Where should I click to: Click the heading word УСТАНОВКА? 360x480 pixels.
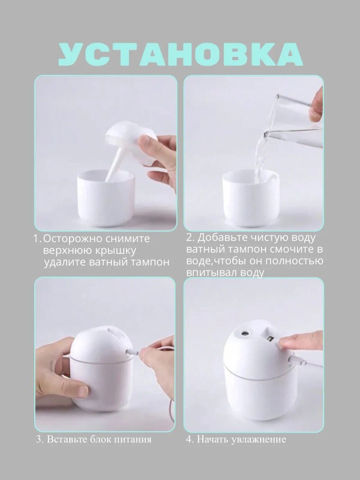tap(180, 54)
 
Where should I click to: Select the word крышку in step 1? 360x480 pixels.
tap(116, 251)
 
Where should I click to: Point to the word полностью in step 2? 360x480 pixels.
tap(293, 261)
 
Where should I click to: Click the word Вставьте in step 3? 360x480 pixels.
tap(67, 439)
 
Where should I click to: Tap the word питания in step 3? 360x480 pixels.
tap(133, 440)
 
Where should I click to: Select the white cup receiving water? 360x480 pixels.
tap(251, 198)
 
